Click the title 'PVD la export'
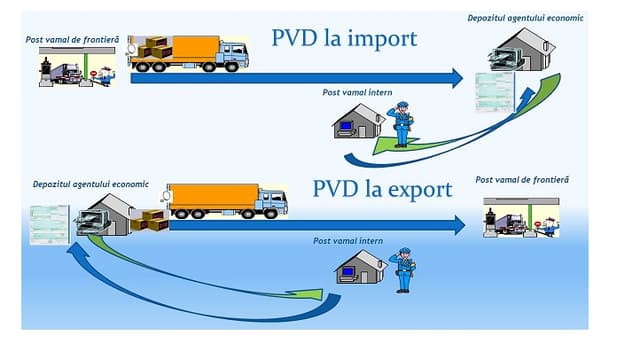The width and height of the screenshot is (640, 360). pyautogui.click(x=381, y=189)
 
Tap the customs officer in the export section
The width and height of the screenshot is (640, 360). pyautogui.click(x=404, y=268)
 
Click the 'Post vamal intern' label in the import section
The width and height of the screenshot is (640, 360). pyautogui.click(x=359, y=93)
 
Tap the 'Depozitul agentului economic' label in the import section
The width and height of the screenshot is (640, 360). pyautogui.click(x=525, y=18)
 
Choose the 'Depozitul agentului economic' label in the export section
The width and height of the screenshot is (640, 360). pyautogui.click(x=90, y=184)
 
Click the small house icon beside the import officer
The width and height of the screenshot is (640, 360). pyautogui.click(x=358, y=123)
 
